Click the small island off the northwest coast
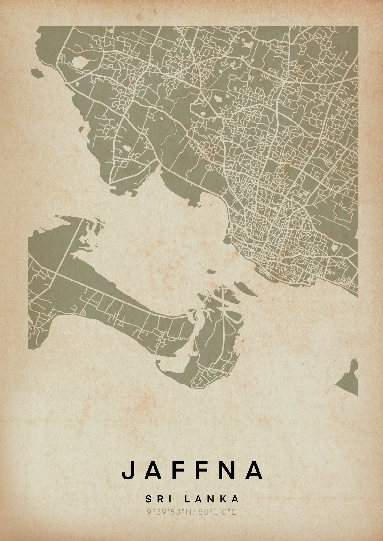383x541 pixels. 38,74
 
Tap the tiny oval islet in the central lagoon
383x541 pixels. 211,272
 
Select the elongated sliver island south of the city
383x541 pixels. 245,289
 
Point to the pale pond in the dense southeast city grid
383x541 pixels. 334,247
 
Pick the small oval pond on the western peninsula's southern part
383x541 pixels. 127,148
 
